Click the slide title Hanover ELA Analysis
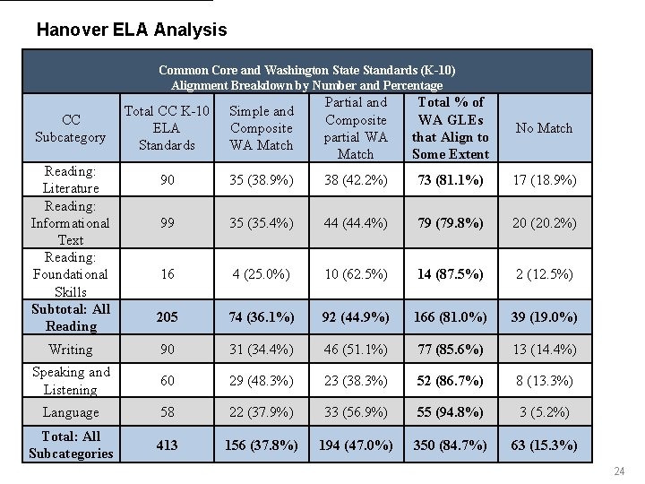132,30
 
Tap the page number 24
618,472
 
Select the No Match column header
544,128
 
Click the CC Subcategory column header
71,128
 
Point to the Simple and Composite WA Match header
261,128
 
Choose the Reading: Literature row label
71,180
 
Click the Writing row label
71,350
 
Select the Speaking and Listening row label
71,381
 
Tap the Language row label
71,412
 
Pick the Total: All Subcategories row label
71,445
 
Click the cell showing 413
167,445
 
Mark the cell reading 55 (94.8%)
450,412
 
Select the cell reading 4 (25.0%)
261,274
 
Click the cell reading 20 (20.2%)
544,223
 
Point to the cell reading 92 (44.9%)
355,317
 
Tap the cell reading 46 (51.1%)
355,350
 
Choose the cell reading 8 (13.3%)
544,381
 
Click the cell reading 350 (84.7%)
450,445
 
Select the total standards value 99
167,223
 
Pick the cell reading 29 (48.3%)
261,381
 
